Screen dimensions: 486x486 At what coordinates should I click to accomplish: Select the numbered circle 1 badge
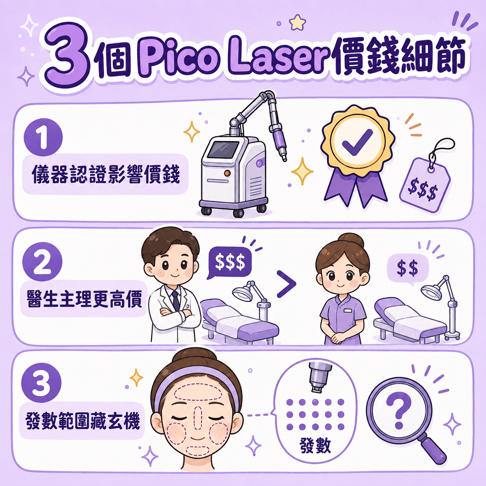click(43, 138)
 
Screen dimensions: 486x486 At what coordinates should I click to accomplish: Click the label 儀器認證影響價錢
click(106, 174)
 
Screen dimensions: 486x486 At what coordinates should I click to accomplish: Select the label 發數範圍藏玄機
click(83, 421)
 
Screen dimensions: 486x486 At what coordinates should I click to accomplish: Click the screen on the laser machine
click(225, 151)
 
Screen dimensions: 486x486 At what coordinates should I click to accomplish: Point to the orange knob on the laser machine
click(227, 173)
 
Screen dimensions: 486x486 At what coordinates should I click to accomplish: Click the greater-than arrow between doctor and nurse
click(286, 284)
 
